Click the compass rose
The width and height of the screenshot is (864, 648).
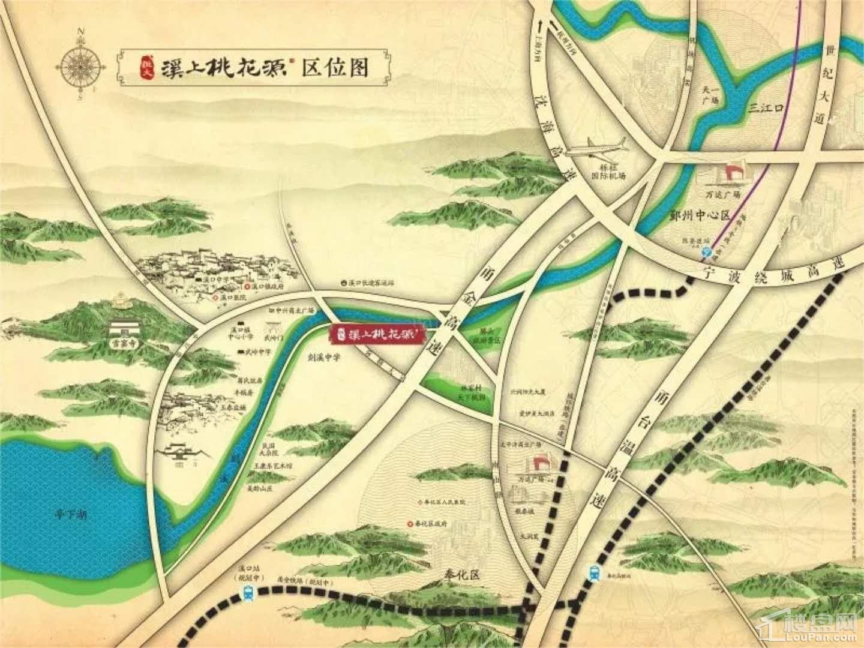80,61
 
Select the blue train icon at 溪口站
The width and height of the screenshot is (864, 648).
248,593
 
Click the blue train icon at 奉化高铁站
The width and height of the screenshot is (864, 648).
593,572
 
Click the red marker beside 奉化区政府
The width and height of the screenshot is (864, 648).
410,523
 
